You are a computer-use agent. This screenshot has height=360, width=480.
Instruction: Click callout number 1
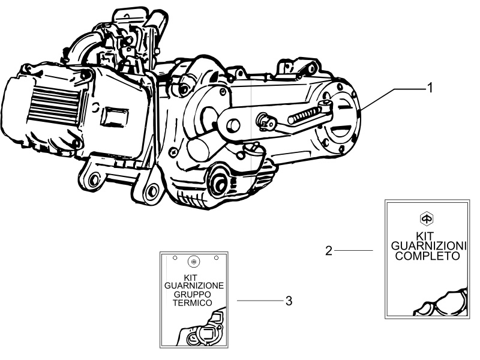430,88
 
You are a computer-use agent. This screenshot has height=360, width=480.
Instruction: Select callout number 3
289,301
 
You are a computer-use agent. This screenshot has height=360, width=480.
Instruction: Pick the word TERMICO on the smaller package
193,305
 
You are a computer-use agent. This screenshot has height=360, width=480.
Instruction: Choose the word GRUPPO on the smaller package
193,296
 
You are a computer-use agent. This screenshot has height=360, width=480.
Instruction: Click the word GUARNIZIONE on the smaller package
194,287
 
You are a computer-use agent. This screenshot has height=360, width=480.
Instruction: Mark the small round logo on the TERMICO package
193,262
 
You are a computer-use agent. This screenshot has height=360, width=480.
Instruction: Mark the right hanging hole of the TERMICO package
214,258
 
